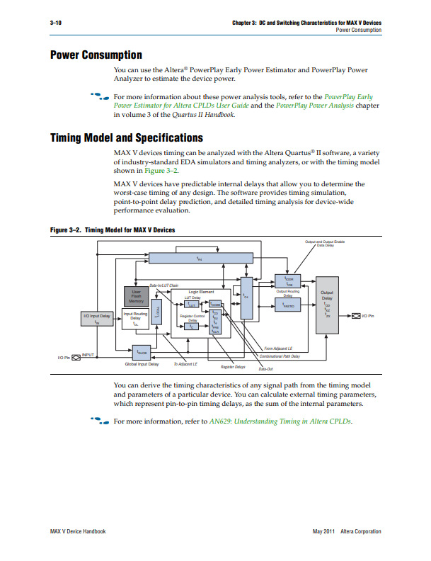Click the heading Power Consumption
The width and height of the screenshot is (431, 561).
[x=96, y=55]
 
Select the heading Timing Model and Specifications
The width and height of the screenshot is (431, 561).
[x=126, y=137]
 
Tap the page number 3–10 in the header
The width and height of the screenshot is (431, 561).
[x=56, y=23]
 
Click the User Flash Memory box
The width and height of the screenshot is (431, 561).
[x=137, y=297]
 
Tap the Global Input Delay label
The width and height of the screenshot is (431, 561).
[x=142, y=364]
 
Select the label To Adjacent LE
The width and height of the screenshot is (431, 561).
[x=185, y=364]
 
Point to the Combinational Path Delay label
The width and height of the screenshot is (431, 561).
[x=280, y=356]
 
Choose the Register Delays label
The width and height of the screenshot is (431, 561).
[x=233, y=367]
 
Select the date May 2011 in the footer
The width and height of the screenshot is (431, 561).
[x=323, y=531]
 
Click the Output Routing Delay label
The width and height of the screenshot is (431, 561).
[x=288, y=293]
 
